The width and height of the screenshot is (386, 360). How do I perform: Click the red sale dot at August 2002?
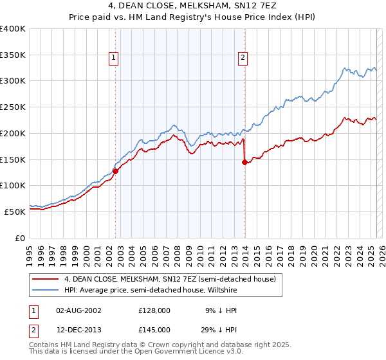(x=116, y=171)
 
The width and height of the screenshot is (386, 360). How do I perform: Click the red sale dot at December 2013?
(x=244, y=162)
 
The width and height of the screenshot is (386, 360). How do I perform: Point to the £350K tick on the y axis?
(x=13, y=55)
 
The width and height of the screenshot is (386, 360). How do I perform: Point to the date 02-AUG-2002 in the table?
(x=78, y=310)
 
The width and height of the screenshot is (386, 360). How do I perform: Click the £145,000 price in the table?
(x=154, y=329)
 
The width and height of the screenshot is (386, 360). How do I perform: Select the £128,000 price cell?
(x=154, y=310)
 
